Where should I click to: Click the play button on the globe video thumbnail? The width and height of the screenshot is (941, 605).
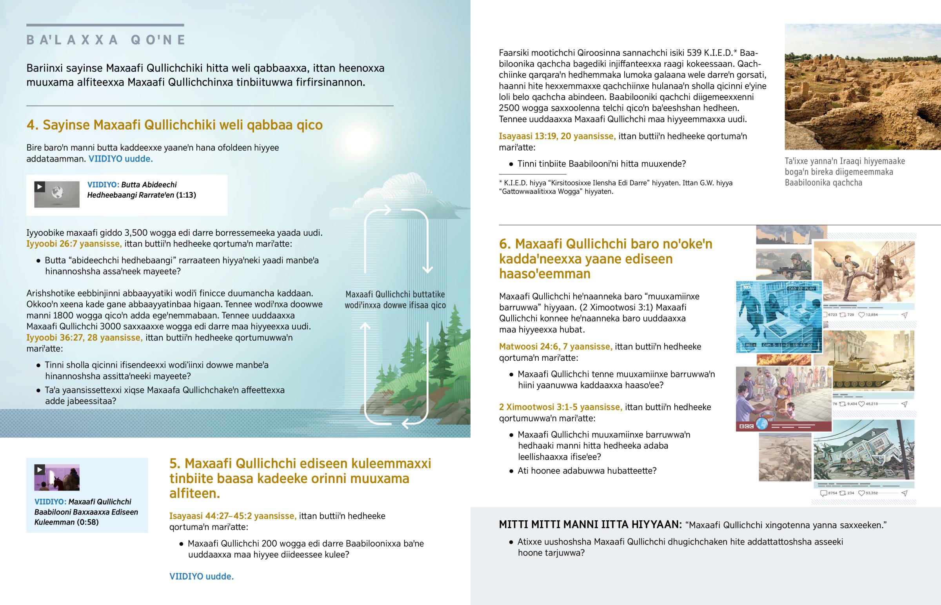point(40,187)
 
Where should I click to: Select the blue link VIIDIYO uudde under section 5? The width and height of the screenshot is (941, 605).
point(201,576)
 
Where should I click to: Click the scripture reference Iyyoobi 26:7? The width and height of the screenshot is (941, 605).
point(74,243)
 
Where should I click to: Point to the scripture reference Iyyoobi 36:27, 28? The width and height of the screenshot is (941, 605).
point(84,338)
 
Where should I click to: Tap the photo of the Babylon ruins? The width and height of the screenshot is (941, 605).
point(863,87)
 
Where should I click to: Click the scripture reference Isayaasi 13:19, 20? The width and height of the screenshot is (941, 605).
point(557,136)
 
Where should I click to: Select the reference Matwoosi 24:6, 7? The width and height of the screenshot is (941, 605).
point(555,347)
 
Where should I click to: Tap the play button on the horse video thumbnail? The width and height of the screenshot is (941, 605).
point(40,469)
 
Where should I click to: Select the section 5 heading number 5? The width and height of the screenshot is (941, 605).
point(174,463)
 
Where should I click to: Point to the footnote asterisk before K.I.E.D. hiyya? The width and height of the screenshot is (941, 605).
point(501,182)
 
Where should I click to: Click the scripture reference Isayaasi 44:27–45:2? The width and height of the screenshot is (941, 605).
point(233,516)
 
